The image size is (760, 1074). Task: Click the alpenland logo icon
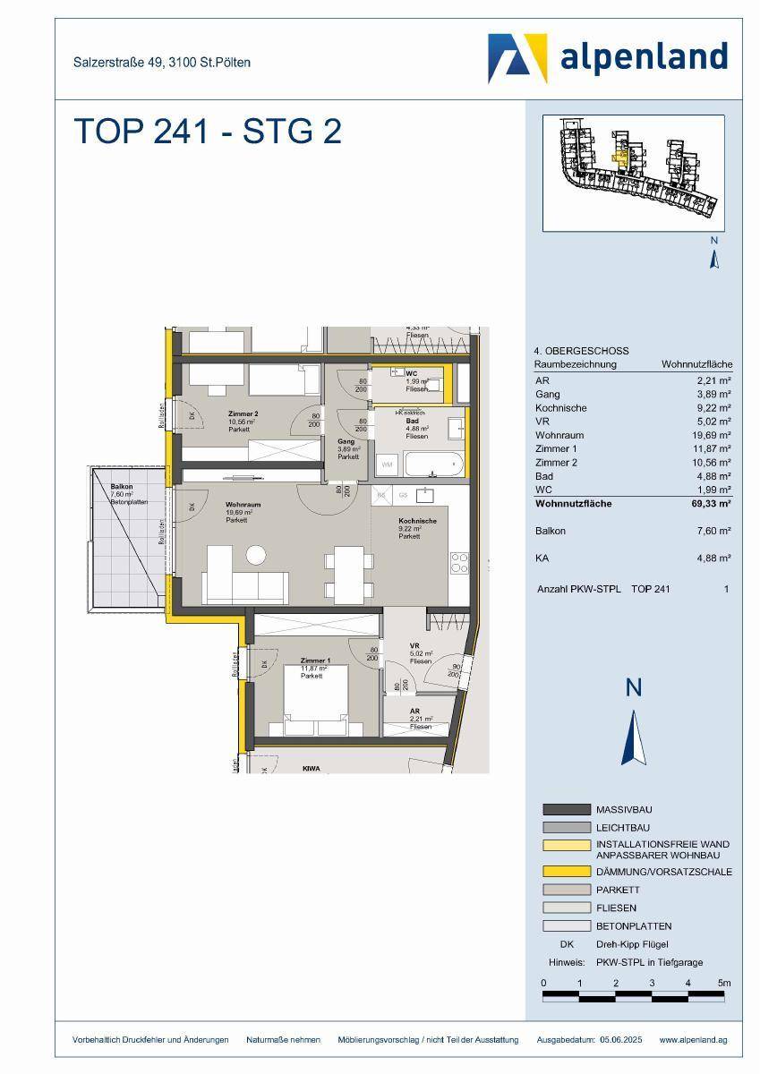pos(517,58)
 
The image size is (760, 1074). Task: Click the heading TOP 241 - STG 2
pos(207,132)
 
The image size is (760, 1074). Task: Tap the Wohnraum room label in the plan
pos(237,507)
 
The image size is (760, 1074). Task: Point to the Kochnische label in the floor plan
pos(417,521)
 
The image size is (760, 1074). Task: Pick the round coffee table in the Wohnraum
pos(257,555)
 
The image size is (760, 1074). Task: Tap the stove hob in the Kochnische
pos(459,562)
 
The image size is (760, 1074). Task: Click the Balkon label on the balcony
pos(122,487)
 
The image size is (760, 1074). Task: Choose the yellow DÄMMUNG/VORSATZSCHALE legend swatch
pos(567,871)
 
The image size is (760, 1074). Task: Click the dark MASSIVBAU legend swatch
pos(567,809)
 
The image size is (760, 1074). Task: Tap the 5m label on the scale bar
pos(724,983)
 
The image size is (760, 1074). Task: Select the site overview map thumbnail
pos(633,173)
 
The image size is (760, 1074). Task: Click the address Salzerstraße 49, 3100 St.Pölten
pos(162,63)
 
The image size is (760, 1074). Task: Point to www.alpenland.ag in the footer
pos(693,1039)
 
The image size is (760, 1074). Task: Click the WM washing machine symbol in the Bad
pos(388,465)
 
